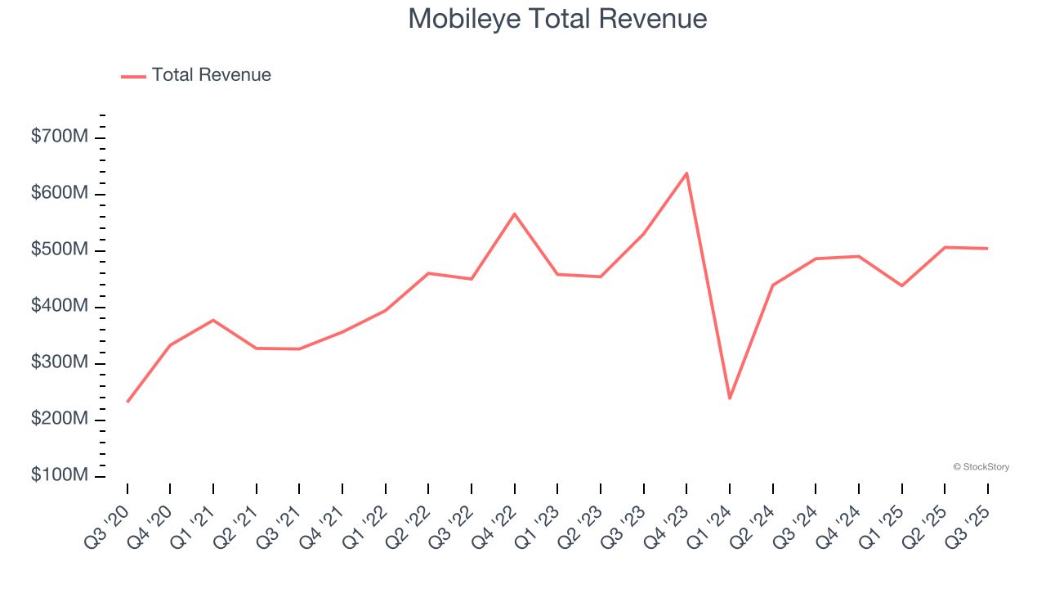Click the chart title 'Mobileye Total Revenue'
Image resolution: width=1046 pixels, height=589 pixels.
557,19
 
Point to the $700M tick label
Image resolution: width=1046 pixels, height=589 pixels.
59,137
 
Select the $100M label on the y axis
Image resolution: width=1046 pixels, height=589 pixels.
59,476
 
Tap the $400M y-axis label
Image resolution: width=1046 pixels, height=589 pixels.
59,307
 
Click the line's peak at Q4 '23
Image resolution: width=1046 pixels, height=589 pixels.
686,173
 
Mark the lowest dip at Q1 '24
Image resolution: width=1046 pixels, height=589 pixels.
730,398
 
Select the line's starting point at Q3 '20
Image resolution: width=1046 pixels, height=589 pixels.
127,402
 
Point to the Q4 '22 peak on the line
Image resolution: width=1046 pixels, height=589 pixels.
515,214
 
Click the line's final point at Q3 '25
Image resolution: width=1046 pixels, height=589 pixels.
987,249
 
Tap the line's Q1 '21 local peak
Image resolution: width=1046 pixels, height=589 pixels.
213,320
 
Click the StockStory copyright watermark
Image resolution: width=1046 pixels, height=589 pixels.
981,467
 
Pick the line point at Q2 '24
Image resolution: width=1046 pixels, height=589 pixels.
772,285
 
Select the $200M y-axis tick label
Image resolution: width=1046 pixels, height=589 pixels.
59,420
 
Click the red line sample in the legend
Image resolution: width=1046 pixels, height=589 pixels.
133,76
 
